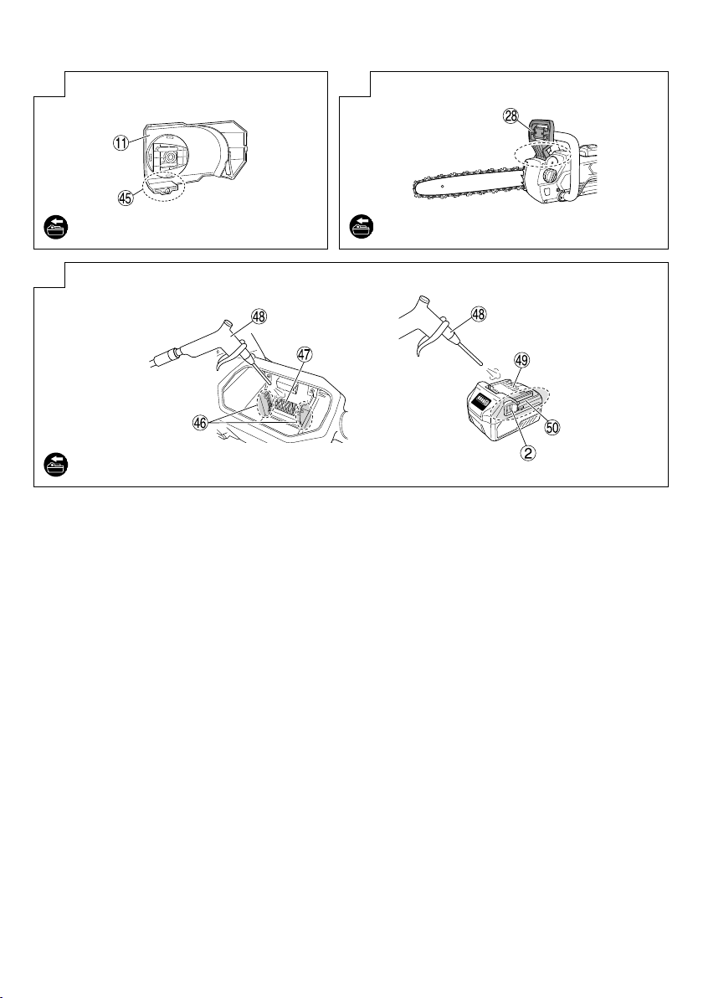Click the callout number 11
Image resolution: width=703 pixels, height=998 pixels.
pos(121,143)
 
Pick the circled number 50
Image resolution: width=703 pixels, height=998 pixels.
pos(552,426)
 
